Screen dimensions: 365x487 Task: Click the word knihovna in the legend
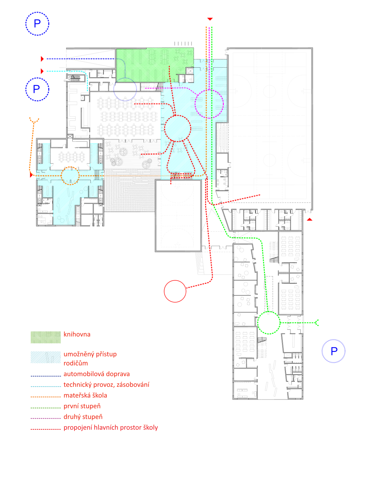77,334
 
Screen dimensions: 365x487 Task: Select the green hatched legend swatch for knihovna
46,337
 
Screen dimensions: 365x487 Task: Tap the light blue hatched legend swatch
46,357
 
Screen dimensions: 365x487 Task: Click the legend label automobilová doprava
97,374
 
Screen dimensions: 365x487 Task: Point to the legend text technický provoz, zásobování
106,384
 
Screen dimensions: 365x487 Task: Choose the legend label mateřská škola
85,395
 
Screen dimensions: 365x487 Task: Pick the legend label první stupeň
82,406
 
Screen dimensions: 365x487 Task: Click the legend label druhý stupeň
83,417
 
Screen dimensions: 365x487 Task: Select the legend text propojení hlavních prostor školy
111,427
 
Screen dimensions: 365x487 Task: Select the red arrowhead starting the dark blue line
42,59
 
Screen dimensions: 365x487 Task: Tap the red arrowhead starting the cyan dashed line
42,71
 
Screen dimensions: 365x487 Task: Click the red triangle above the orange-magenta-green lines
210,19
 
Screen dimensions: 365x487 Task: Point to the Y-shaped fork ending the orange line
34,121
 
